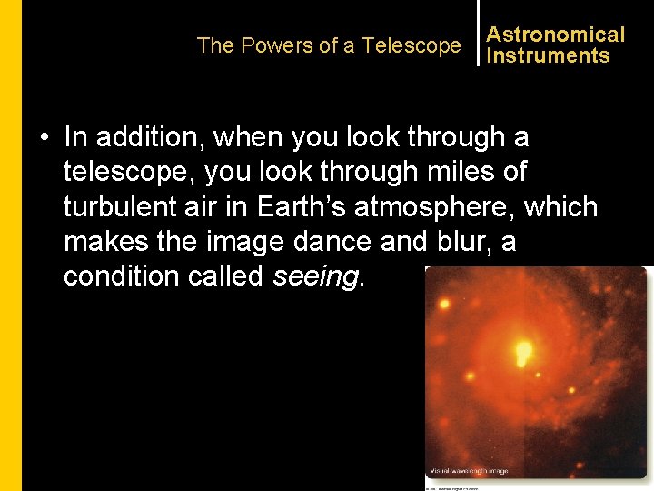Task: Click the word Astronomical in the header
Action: pyautogui.click(x=555, y=35)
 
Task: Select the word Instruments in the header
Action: pyautogui.click(x=548, y=55)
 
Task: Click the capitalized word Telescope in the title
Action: pyautogui.click(x=411, y=45)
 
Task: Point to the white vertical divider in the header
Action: pyautogui.click(x=478, y=33)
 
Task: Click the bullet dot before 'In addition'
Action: pyautogui.click(x=44, y=139)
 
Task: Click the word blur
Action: pyautogui.click(x=441, y=241)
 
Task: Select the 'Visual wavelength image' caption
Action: pyautogui.click(x=470, y=471)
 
